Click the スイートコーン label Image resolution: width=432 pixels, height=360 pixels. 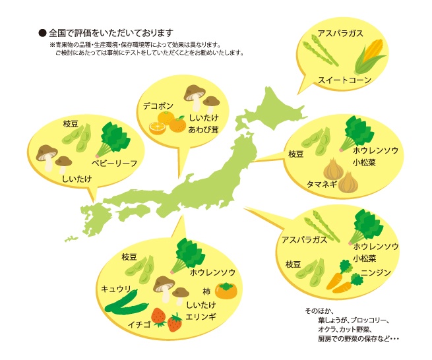[x=345, y=80]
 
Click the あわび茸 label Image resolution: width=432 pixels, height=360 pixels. [x=204, y=129]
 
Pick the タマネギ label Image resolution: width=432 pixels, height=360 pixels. [x=322, y=184]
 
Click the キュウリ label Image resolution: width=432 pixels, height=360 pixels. [x=116, y=289]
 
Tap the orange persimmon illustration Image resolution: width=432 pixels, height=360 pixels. [x=227, y=290]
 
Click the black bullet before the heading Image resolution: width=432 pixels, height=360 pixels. [x=42, y=32]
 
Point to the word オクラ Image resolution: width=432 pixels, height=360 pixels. [x=326, y=329]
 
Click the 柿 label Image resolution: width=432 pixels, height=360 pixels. [x=206, y=291]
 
